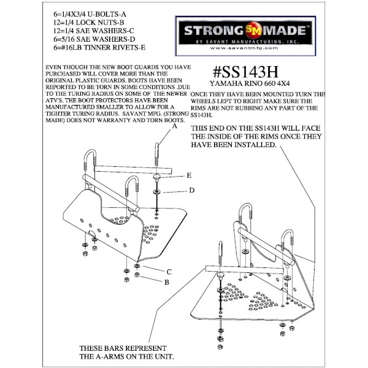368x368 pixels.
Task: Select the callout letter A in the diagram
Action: (174, 127)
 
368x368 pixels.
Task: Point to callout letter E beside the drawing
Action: (190, 175)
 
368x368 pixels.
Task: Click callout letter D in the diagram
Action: (192, 191)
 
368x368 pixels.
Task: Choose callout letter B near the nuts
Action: (166, 282)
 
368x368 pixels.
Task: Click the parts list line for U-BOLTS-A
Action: (82, 12)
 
